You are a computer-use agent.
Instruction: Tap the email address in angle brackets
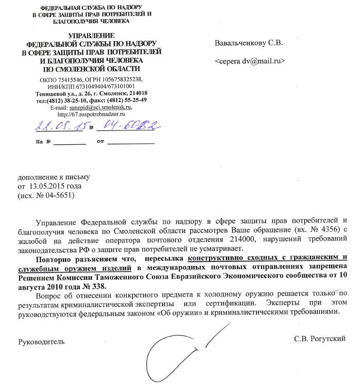click(x=250, y=61)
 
